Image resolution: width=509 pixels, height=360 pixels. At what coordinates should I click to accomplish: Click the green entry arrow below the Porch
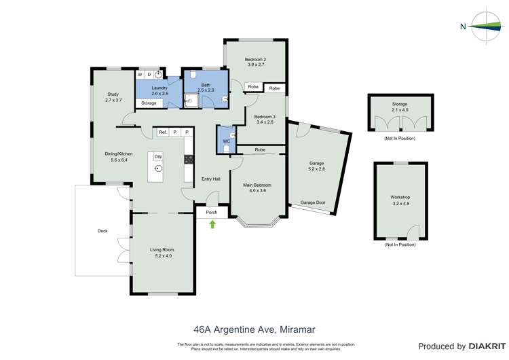[x=212, y=223]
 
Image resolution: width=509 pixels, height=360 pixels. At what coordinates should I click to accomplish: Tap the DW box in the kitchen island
[x=158, y=156]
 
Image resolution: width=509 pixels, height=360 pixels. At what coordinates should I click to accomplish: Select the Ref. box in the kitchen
[x=163, y=132]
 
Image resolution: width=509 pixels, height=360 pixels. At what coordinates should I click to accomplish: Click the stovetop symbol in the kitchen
[x=189, y=160]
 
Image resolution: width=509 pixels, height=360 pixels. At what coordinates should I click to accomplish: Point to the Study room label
[x=113, y=94]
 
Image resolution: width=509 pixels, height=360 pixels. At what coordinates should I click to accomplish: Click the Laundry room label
[x=159, y=88]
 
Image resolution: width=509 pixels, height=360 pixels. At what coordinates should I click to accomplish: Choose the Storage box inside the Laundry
[x=149, y=103]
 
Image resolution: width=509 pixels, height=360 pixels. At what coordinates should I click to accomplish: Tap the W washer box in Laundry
[x=140, y=75]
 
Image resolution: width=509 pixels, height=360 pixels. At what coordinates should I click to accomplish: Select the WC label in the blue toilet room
[x=227, y=141]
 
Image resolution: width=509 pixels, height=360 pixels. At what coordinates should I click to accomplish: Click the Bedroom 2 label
[x=255, y=59]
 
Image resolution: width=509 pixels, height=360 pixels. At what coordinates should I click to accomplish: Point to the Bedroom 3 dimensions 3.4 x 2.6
[x=264, y=122]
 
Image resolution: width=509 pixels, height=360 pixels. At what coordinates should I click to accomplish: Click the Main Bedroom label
[x=257, y=185]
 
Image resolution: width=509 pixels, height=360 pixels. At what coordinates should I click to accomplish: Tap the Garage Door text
[x=313, y=202]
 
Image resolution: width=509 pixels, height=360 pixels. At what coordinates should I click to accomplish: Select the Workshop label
[x=400, y=197]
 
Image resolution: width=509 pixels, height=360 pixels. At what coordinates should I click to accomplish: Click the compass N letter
[x=463, y=27]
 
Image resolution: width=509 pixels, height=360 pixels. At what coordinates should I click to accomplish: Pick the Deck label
[x=102, y=231]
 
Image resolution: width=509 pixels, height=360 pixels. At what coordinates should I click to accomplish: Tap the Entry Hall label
[x=211, y=179]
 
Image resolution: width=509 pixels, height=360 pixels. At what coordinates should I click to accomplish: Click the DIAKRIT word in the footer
[x=485, y=346]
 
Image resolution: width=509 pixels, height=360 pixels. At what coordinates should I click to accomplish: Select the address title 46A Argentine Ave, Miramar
[x=254, y=329]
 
